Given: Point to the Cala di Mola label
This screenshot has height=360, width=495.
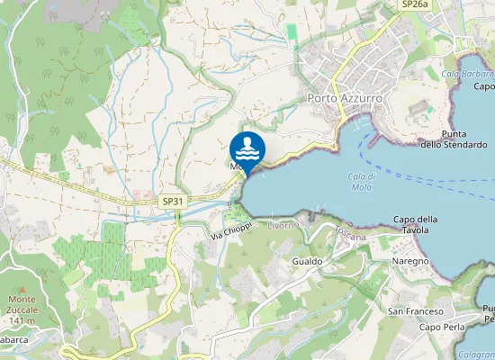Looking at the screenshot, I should pyautogui.click(x=361, y=181).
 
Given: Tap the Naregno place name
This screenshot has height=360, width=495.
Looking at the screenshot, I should pyautogui.click(x=409, y=260).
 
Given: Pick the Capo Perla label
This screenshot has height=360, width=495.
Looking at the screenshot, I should pyautogui.click(x=442, y=327).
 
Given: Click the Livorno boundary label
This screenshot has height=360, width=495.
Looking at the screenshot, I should pyautogui.click(x=282, y=224).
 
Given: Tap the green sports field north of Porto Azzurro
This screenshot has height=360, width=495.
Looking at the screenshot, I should pyautogui.click(x=291, y=31).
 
